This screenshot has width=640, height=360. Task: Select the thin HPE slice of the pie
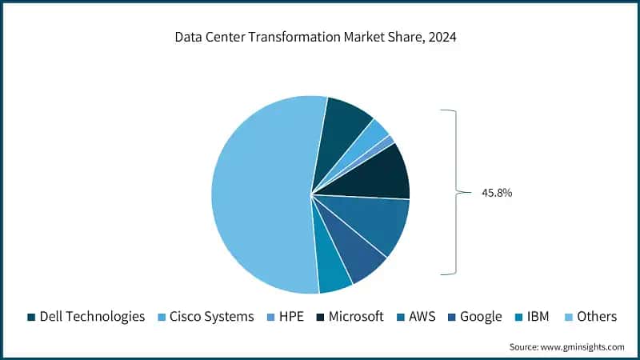[387, 142]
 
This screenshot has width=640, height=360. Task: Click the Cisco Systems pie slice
[373, 133]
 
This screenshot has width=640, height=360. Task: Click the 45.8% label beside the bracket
[496, 193]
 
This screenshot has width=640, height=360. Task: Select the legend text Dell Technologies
[92, 317]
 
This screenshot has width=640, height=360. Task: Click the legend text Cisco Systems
[211, 317]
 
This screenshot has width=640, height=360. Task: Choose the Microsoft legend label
[356, 317]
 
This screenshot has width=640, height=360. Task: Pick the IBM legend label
[539, 317]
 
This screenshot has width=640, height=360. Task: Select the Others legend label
[596, 317]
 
